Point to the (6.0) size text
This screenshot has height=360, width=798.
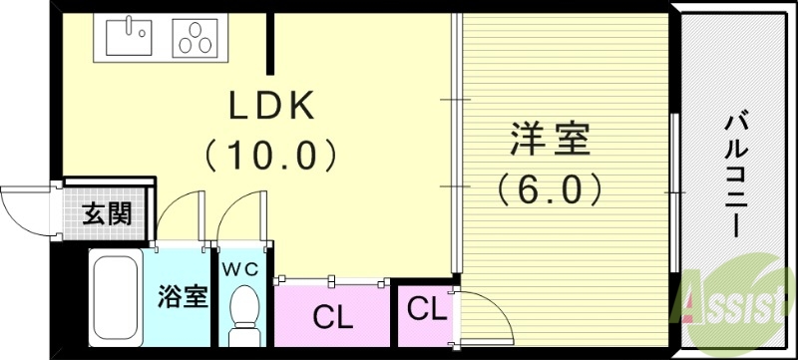click(550, 187)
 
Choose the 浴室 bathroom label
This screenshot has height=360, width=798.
click(183, 296)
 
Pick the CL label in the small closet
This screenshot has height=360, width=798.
click(427, 308)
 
